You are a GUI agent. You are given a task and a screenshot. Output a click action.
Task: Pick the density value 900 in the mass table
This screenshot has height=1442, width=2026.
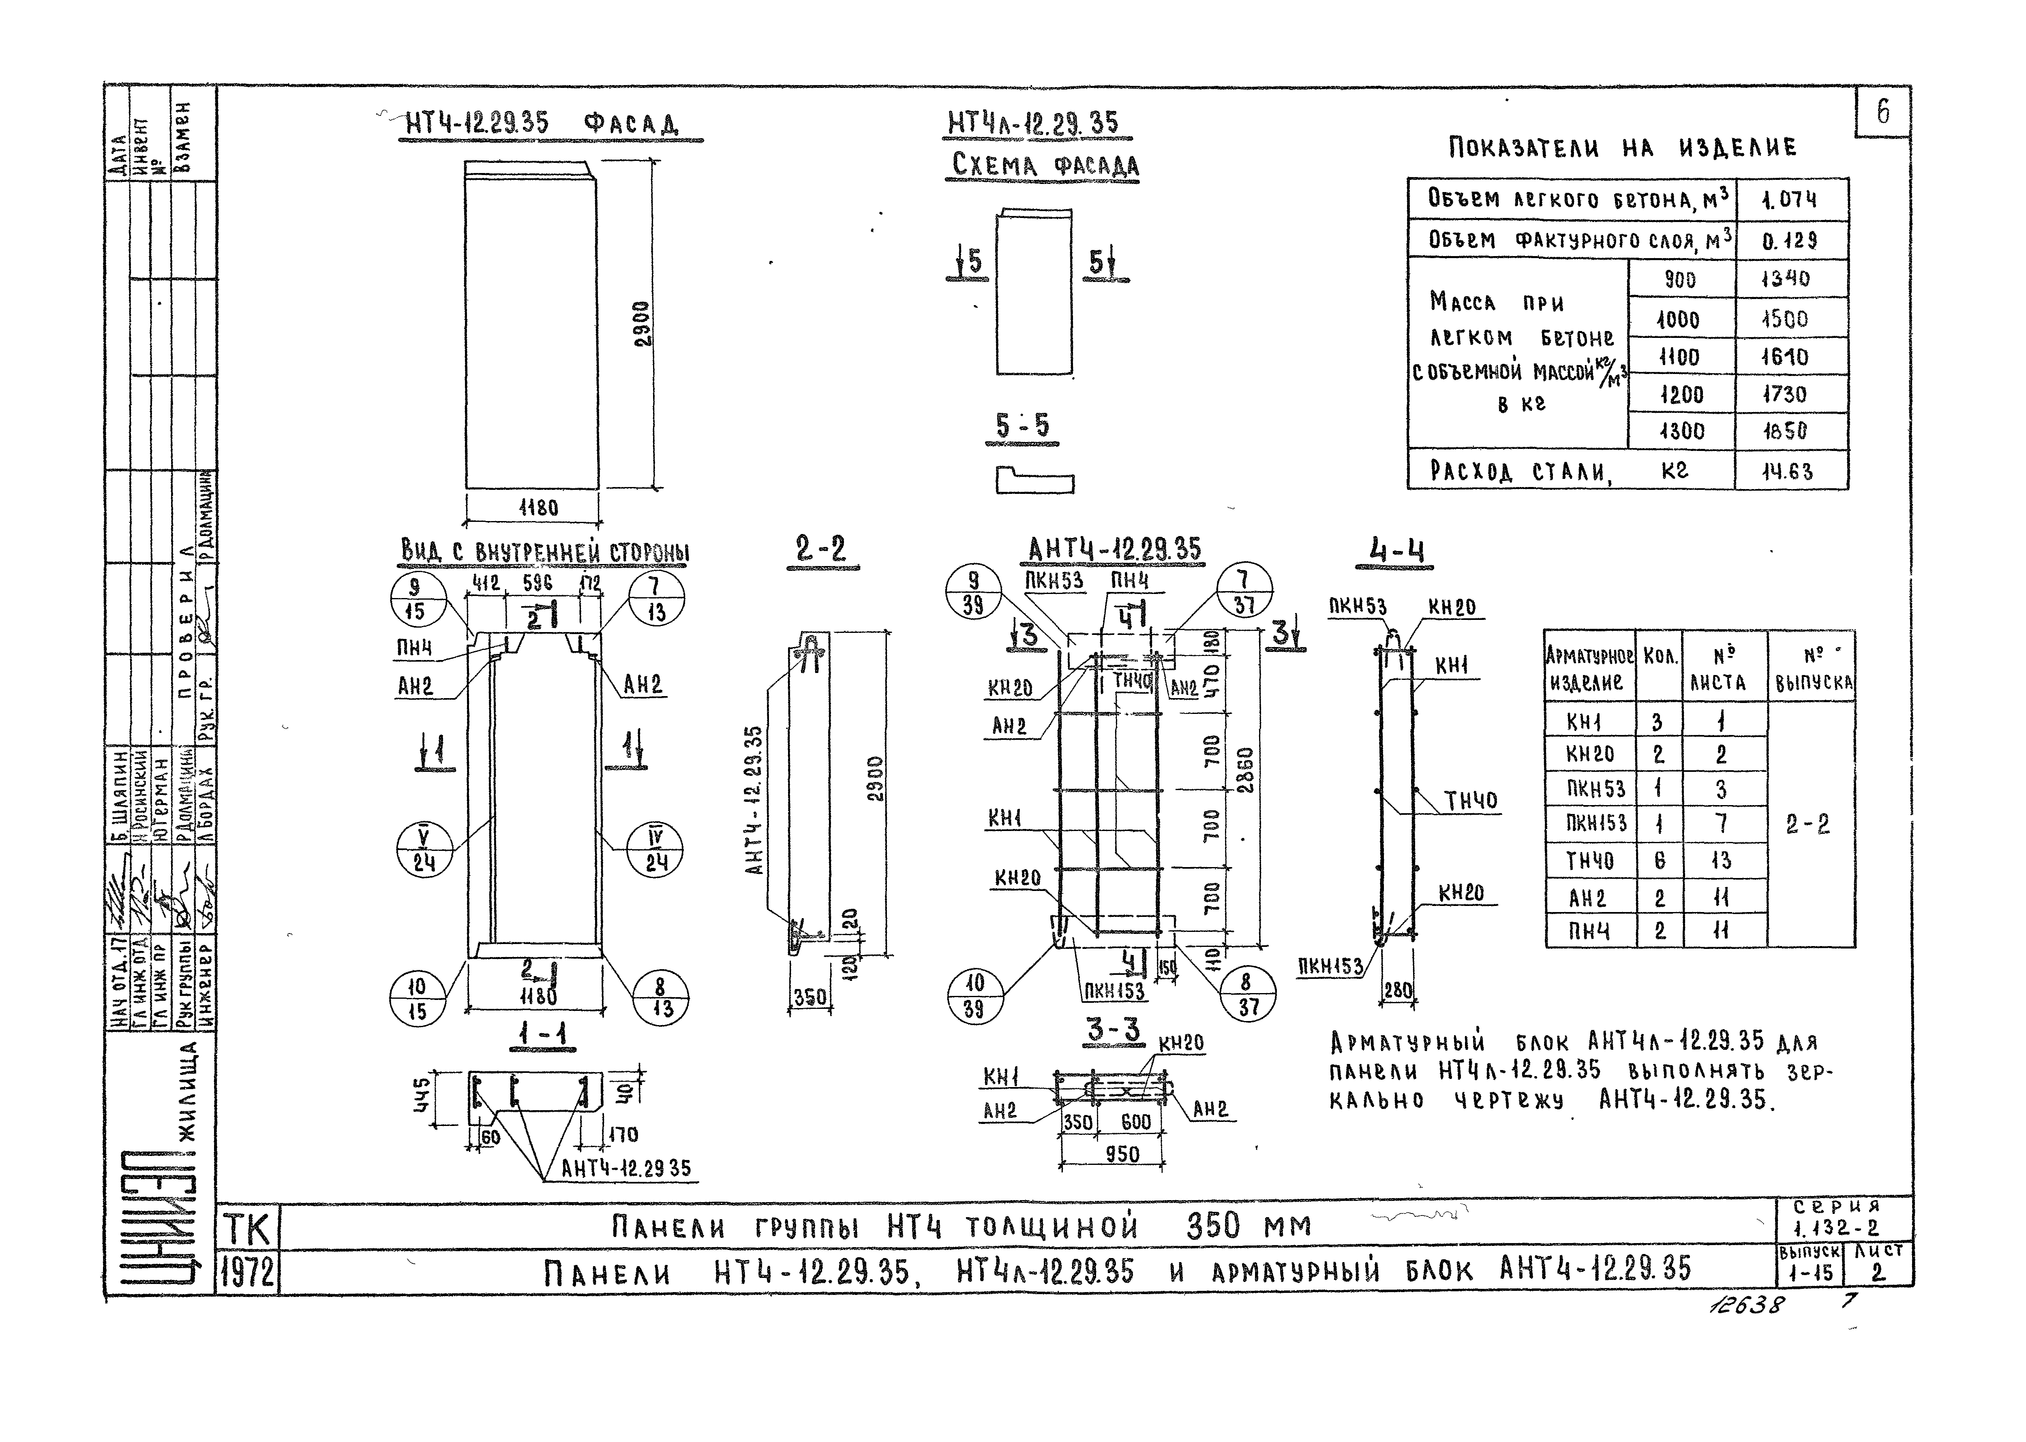[1679, 280]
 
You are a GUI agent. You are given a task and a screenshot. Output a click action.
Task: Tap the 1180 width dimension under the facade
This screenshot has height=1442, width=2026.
[538, 508]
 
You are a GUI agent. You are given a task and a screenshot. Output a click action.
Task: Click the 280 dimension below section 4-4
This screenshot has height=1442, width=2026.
[1398, 988]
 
